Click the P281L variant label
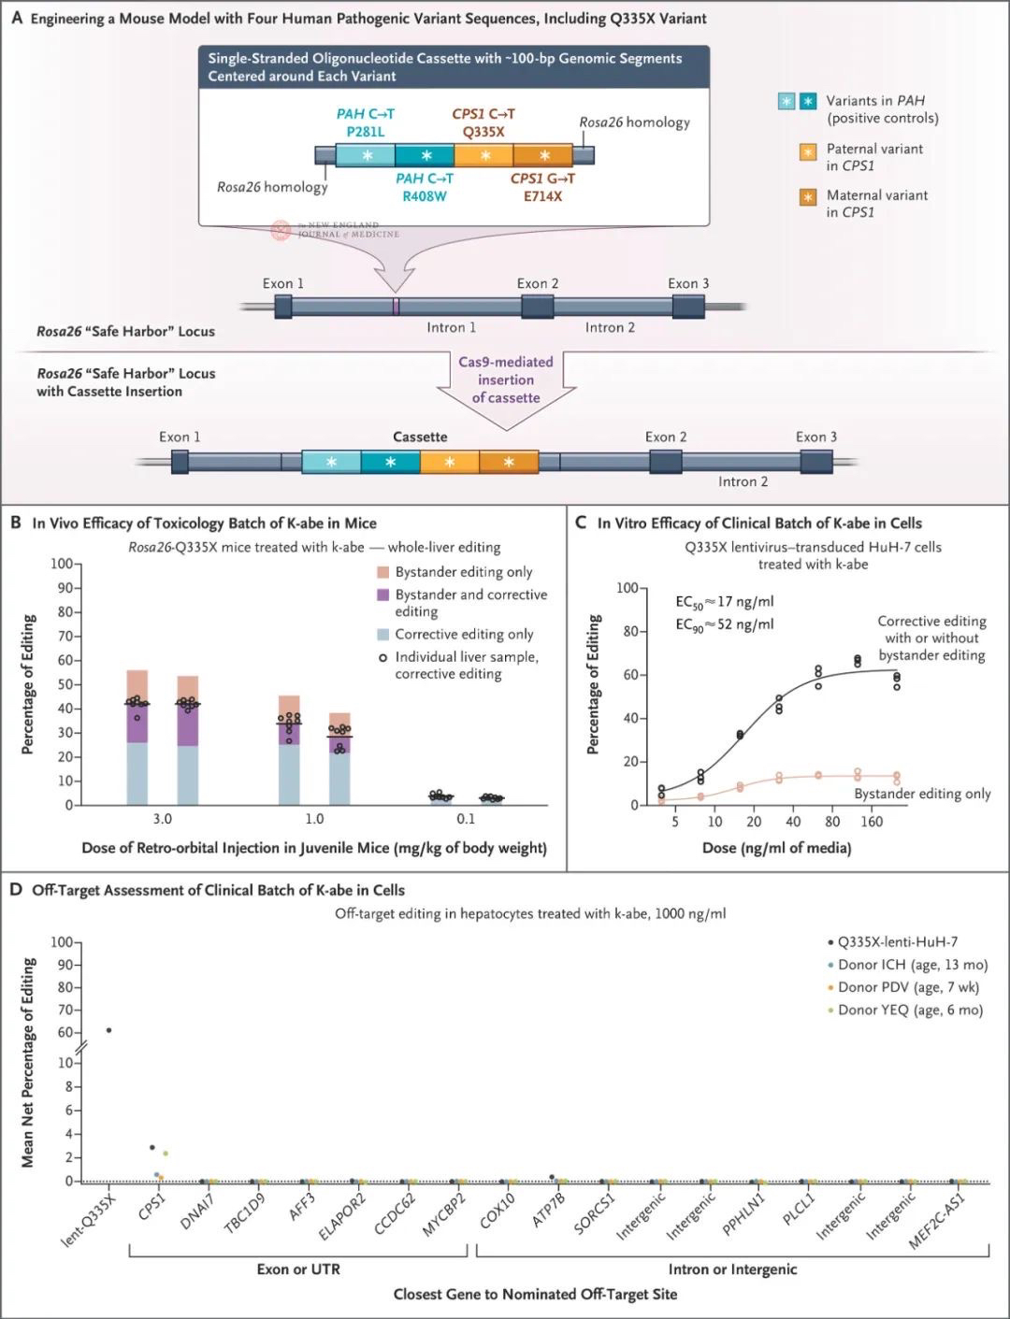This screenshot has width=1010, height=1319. [x=366, y=132]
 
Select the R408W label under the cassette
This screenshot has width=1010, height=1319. [x=425, y=196]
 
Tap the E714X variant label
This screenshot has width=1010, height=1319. [x=542, y=196]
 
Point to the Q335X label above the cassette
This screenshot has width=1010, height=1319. [x=483, y=132]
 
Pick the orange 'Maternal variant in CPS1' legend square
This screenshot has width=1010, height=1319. [x=807, y=197]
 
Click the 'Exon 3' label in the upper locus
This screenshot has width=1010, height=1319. [x=688, y=283]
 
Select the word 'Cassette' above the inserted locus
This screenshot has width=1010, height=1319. [x=420, y=437]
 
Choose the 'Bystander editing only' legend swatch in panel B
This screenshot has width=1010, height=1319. [x=382, y=572]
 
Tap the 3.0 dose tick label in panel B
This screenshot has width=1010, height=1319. [x=163, y=819]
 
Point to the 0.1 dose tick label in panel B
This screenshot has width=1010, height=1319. [x=466, y=819]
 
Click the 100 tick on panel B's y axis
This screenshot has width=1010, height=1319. [x=61, y=564]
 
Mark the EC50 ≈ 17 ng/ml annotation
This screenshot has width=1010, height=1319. [x=725, y=602]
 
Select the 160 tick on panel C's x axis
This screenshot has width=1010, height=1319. [x=872, y=823]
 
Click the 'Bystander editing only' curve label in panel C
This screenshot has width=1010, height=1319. [x=922, y=794]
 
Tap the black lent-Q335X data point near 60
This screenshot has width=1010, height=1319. [x=109, y=1030]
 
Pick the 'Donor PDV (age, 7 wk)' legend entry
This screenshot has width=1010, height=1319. [x=908, y=987]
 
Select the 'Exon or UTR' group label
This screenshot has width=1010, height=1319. [x=298, y=1269]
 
